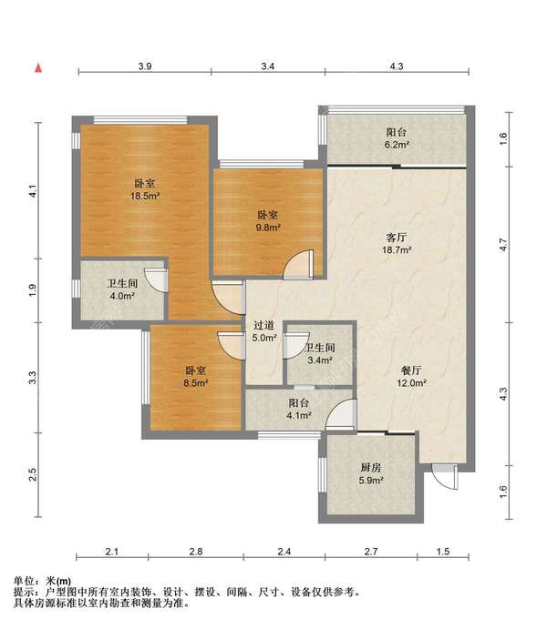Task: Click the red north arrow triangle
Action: pos(38,68)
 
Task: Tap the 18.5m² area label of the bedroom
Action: pos(145,196)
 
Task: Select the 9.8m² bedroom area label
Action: pos(268,228)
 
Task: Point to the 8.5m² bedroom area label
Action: pos(196,382)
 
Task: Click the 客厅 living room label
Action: pos(396,238)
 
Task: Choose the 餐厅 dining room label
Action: pos(411,370)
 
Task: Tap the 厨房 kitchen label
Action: pos(371,467)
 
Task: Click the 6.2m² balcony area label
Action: pos(397,145)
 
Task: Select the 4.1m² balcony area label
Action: pos(299,416)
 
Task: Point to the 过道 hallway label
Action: pos(263,325)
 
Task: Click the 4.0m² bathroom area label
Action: pos(122,297)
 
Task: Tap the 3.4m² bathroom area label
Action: pos(320,360)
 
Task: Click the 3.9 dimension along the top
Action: pos(145,66)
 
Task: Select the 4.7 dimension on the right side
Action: pos(503,245)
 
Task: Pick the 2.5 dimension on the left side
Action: pos(33,474)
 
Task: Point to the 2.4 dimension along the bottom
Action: pos(284,552)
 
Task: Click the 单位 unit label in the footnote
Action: pos(24,581)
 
